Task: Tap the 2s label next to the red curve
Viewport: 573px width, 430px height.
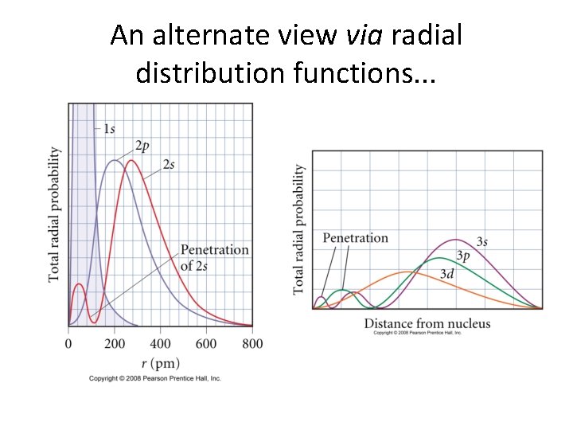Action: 169,165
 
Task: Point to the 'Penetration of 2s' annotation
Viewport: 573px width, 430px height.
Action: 214,257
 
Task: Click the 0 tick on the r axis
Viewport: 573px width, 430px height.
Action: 68,343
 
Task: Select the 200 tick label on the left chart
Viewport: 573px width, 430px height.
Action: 114,343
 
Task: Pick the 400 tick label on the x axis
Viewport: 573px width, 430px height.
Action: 160,343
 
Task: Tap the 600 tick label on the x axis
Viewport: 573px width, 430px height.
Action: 206,343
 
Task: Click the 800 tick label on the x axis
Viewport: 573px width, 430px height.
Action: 251,343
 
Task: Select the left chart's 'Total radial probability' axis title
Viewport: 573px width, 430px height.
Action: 54,213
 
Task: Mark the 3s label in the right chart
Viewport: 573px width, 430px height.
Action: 482,240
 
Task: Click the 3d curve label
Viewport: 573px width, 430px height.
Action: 448,273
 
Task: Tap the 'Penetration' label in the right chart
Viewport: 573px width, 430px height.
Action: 355,238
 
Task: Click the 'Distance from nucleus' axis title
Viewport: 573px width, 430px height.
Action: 427,323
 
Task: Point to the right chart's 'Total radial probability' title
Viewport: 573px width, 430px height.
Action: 299,229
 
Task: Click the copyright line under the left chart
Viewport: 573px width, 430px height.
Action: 155,378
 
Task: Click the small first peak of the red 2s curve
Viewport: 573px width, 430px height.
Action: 78,284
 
